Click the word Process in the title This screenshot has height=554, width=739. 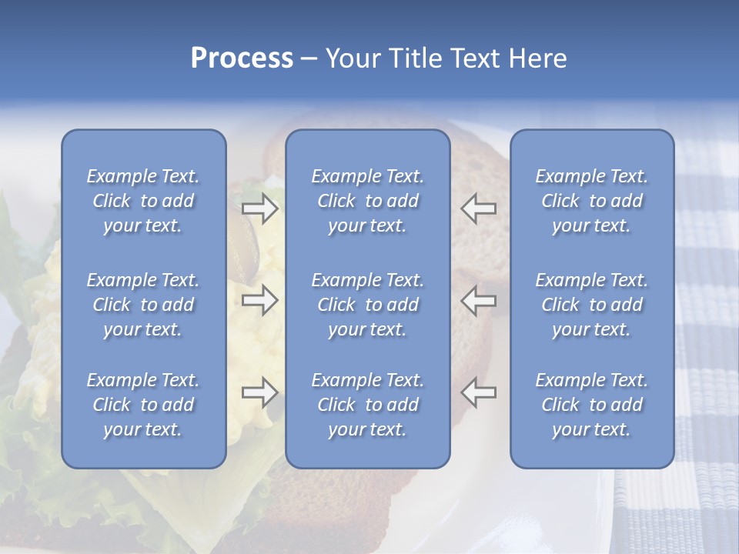coord(242,58)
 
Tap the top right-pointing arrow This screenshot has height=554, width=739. coord(260,209)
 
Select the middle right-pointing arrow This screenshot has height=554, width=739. coord(260,299)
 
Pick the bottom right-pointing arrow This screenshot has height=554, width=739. coord(260,392)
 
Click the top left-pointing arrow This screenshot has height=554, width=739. coord(478,209)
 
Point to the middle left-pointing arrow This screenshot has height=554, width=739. coord(478,299)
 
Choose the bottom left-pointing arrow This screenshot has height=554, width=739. coord(478,392)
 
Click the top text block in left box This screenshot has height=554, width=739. coord(143,201)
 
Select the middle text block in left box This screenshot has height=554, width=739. coord(143,305)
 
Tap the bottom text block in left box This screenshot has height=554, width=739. coord(143,405)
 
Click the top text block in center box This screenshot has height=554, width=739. coord(367,201)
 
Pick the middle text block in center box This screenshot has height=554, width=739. coord(367,305)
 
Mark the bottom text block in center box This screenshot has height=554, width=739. coord(367,405)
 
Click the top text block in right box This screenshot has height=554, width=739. coord(592,201)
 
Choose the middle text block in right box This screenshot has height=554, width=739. coord(592,305)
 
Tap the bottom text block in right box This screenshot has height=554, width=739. coord(592,405)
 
